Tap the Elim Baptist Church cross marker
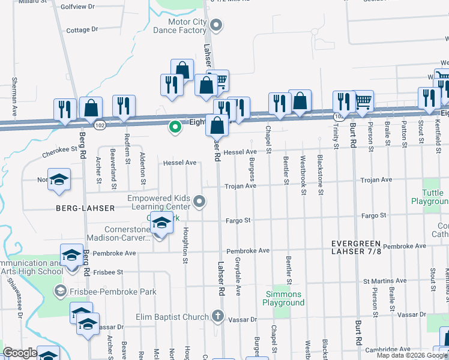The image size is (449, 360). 218,316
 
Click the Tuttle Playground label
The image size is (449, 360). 430,197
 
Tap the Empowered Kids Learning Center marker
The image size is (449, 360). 200,201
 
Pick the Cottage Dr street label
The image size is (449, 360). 82,30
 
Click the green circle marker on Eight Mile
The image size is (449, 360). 175,127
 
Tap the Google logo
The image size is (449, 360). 20,353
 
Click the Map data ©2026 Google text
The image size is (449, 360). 411,355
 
